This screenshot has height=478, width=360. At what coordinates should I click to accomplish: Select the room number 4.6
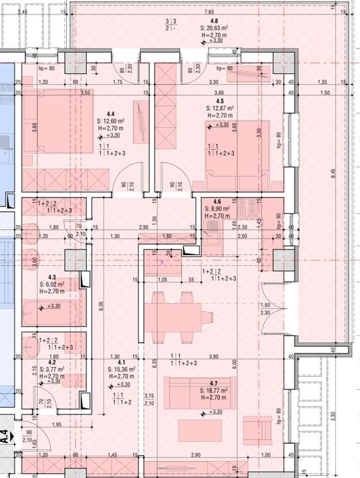click(217, 201)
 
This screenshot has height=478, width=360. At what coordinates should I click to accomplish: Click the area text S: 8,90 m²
click(220, 209)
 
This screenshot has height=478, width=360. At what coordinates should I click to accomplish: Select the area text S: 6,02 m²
click(51, 284)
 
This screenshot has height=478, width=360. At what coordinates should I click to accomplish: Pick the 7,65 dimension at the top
click(207, 12)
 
